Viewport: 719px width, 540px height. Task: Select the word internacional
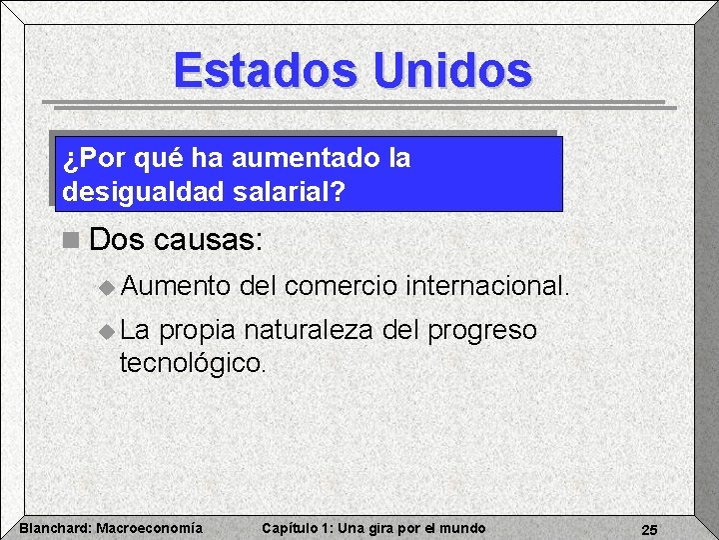(487, 287)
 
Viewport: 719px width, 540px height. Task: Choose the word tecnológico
(193, 362)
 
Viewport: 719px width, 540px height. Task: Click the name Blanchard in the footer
(55, 528)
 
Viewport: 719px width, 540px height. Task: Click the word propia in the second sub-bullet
(198, 331)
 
